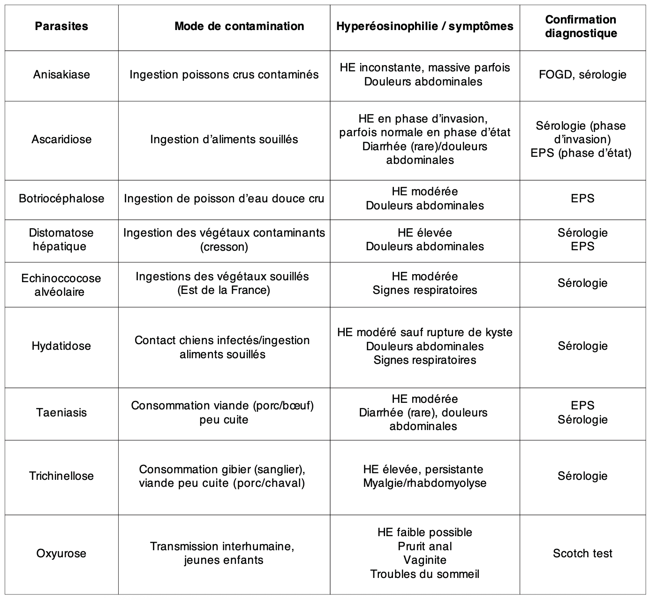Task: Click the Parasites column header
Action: click(61, 26)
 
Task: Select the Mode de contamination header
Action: click(239, 26)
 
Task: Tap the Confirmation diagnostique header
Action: click(581, 26)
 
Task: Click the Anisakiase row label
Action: click(61, 75)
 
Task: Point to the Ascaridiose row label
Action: click(61, 139)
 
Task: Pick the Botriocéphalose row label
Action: click(61, 199)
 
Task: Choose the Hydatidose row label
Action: click(61, 346)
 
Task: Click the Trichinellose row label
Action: click(61, 476)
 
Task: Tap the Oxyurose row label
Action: click(61, 554)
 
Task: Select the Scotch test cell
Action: click(582, 554)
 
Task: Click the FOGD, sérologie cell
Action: click(582, 75)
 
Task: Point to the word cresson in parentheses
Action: click(224, 246)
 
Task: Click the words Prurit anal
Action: click(425, 546)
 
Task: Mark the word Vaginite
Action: click(425, 560)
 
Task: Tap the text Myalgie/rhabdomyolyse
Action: click(425, 483)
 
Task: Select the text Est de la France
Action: click(224, 290)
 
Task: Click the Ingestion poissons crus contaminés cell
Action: click(224, 75)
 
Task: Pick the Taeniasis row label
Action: click(61, 413)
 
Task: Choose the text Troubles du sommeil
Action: click(425, 574)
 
